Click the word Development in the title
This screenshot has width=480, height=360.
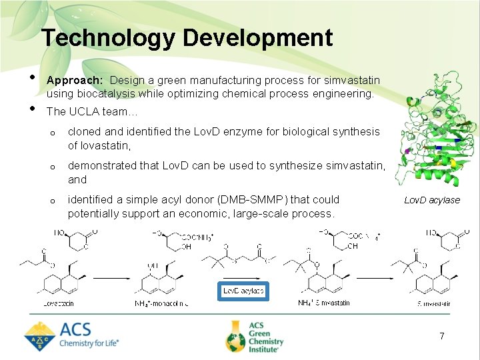pyautogui.click(x=258, y=38)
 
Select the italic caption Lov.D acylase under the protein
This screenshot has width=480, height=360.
pyautogui.click(x=432, y=200)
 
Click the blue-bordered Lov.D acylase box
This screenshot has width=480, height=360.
pyautogui.click(x=243, y=291)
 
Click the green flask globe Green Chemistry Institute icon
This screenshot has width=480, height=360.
pyautogui.click(x=235, y=336)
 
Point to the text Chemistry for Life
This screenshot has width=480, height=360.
pyautogui.click(x=89, y=343)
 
